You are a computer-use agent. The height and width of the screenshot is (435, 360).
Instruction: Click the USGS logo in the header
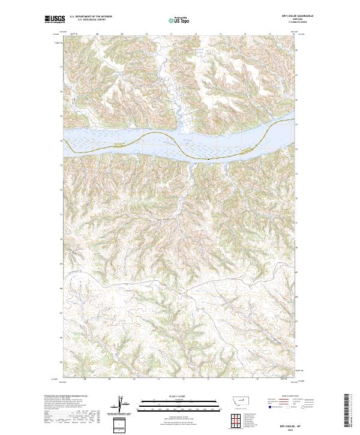pyautogui.click(x=55, y=20)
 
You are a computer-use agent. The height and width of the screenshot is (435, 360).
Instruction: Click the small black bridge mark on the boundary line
pyautogui.click(x=208, y=159)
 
